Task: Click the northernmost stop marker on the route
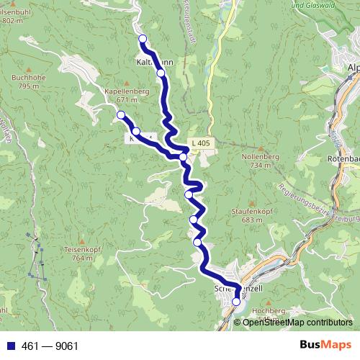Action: (x=143, y=39)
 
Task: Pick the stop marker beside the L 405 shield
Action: (x=184, y=156)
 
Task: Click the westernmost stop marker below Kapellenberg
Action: (x=121, y=115)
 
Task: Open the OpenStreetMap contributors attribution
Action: (x=297, y=323)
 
